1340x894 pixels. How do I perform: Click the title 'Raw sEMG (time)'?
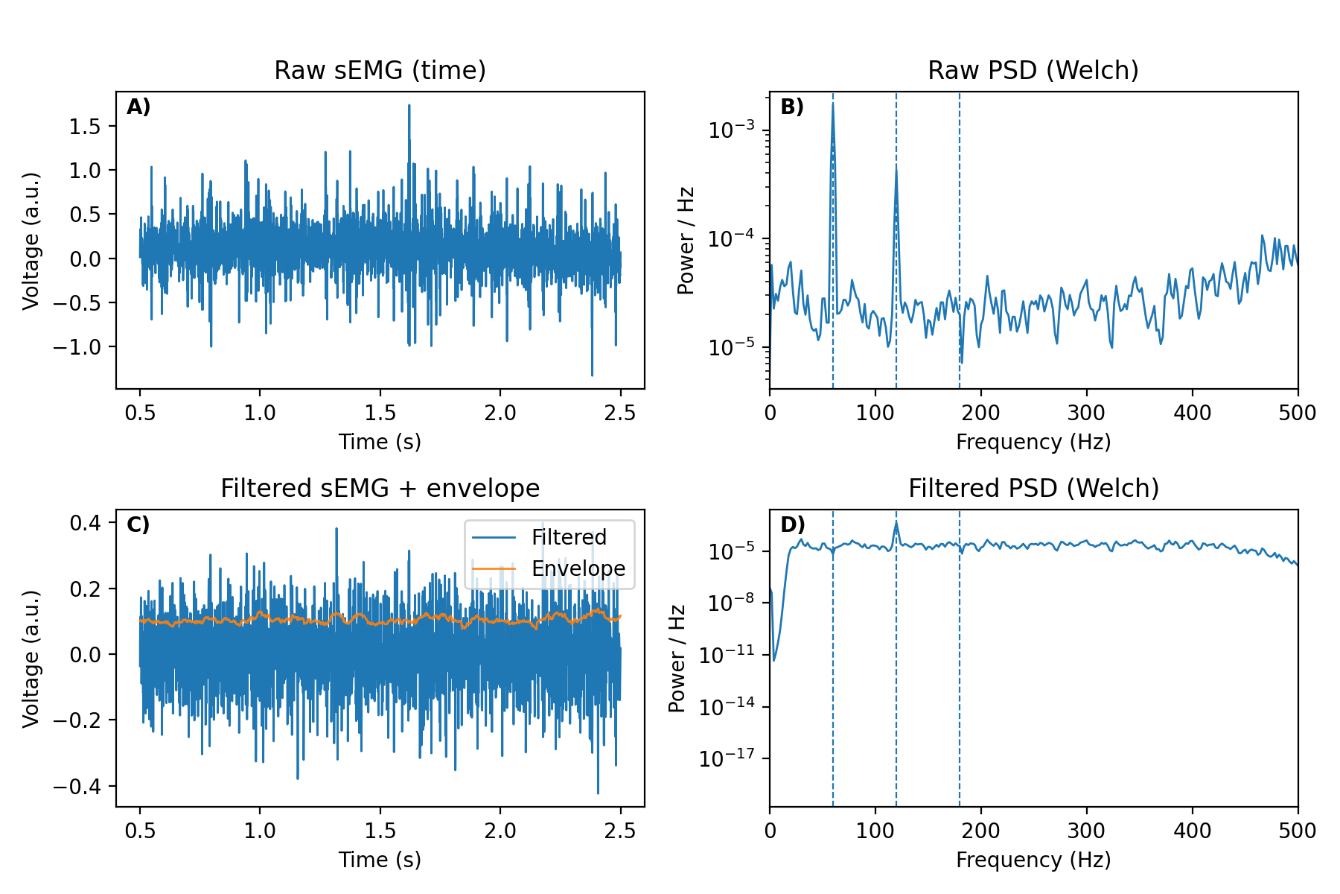tap(380, 70)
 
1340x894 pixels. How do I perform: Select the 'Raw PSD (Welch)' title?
tap(1033, 70)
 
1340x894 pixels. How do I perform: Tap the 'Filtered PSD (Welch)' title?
tap(1033, 488)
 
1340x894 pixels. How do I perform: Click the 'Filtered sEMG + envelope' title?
tap(380, 488)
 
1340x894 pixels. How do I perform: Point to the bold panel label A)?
tap(138, 107)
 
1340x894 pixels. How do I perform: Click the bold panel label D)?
tap(792, 525)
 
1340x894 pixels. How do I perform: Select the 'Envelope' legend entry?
tap(578, 568)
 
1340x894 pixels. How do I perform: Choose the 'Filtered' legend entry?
tap(569, 537)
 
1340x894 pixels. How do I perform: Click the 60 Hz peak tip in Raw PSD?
tap(833, 104)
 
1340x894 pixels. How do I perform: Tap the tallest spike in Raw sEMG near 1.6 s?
tap(409, 106)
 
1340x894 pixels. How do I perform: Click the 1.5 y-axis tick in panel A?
tap(84, 127)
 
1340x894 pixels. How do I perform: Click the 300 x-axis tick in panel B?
tap(1087, 413)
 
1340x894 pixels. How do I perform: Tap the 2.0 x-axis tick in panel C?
tap(500, 831)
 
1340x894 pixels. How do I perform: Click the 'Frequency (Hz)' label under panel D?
tap(1033, 860)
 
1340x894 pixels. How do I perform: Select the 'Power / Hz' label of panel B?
tap(686, 240)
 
